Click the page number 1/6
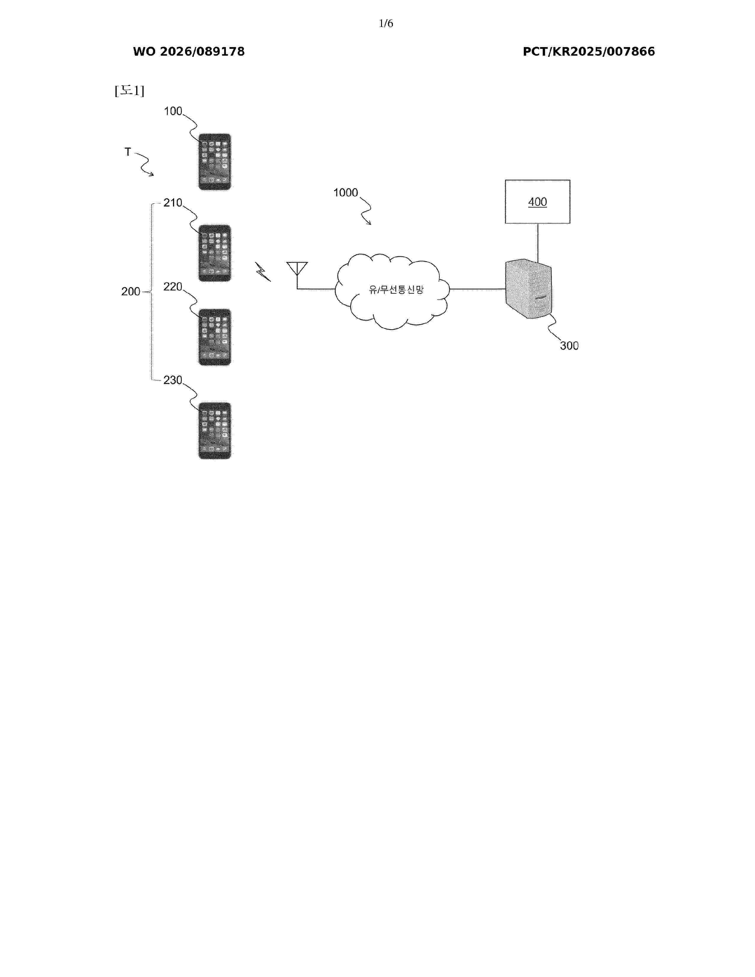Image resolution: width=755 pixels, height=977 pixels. click(385, 23)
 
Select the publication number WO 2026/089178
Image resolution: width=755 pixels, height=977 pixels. click(189, 52)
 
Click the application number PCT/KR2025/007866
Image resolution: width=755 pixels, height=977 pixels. click(589, 52)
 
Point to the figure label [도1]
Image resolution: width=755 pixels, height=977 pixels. click(129, 91)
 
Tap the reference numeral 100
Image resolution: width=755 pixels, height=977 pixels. click(173, 111)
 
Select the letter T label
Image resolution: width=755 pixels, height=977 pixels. click(128, 152)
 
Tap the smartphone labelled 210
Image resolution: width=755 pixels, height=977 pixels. click(215, 253)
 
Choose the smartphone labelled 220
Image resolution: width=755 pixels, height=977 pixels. click(215, 337)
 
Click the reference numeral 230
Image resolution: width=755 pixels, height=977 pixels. click(173, 380)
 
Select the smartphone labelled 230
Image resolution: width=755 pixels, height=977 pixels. click(215, 430)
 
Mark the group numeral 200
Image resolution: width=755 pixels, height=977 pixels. click(131, 291)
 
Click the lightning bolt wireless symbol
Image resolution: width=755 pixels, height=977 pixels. click(263, 271)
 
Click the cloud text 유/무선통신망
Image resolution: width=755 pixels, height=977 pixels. click(396, 290)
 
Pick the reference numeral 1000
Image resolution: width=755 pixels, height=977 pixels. click(346, 192)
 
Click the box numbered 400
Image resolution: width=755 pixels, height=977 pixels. click(538, 201)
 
